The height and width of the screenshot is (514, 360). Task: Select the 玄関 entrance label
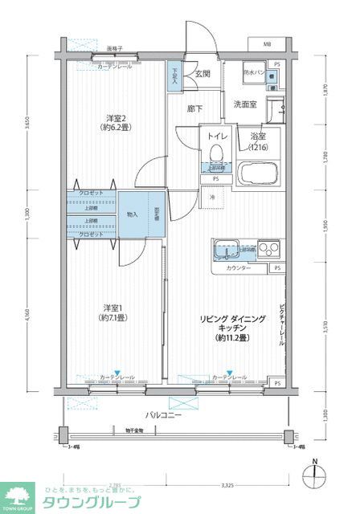tap(202, 74)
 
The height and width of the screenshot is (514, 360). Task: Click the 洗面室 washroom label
tap(245, 104)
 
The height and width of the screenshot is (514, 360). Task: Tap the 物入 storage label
tap(133, 215)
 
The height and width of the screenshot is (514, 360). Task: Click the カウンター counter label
tap(238, 267)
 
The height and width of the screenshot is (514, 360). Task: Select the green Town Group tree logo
tap(18, 496)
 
